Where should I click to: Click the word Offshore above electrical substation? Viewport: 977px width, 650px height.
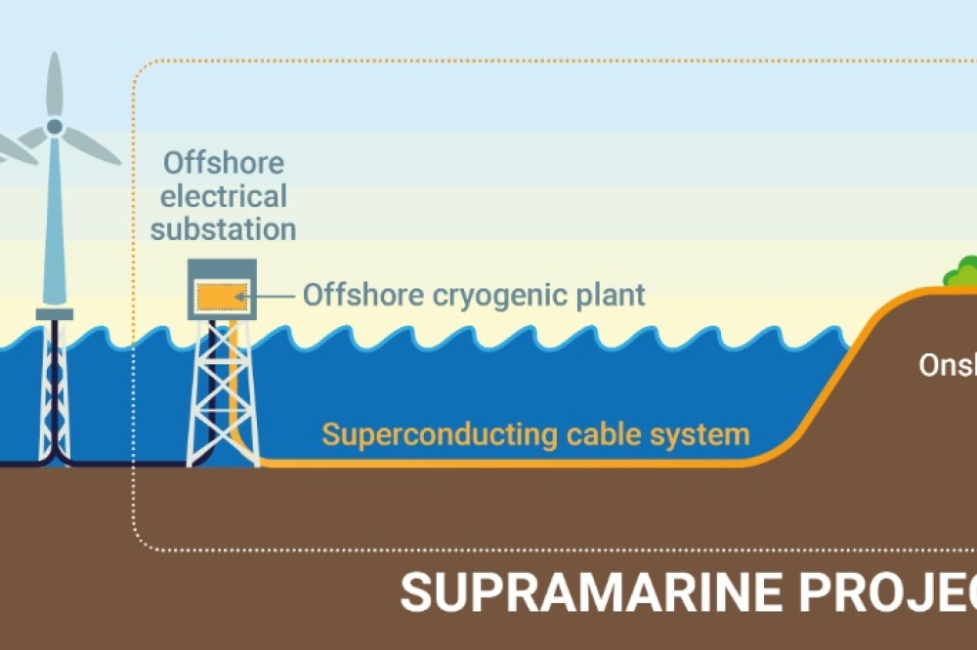[224, 162]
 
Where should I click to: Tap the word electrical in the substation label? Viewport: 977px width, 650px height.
[224, 196]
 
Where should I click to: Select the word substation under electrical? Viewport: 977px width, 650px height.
[224, 230]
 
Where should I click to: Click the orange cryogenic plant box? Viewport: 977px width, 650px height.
[222, 295]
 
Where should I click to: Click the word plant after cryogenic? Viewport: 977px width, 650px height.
[613, 295]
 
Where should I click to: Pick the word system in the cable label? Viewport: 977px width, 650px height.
[701, 433]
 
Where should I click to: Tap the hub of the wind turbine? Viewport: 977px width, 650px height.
[55, 127]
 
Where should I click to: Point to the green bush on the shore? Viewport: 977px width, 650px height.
[962, 272]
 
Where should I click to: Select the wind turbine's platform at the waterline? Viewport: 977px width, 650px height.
[55, 313]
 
